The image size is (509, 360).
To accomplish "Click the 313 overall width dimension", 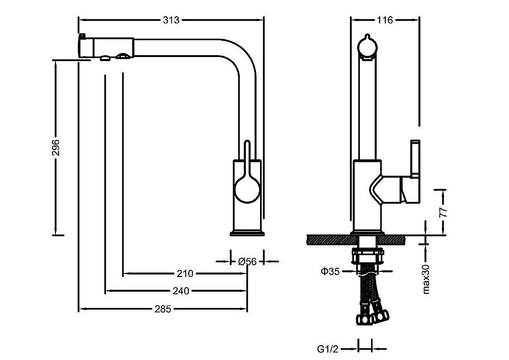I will [171, 20].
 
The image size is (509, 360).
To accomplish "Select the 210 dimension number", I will [185, 273].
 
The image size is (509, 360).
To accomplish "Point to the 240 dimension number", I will [181, 291].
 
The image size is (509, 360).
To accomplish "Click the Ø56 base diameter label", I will [247, 261].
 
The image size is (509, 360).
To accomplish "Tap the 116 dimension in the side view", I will [385, 20].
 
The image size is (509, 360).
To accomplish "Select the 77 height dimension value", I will [442, 211].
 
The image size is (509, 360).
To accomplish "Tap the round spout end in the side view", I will [367, 47].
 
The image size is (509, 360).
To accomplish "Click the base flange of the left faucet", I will [247, 234].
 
